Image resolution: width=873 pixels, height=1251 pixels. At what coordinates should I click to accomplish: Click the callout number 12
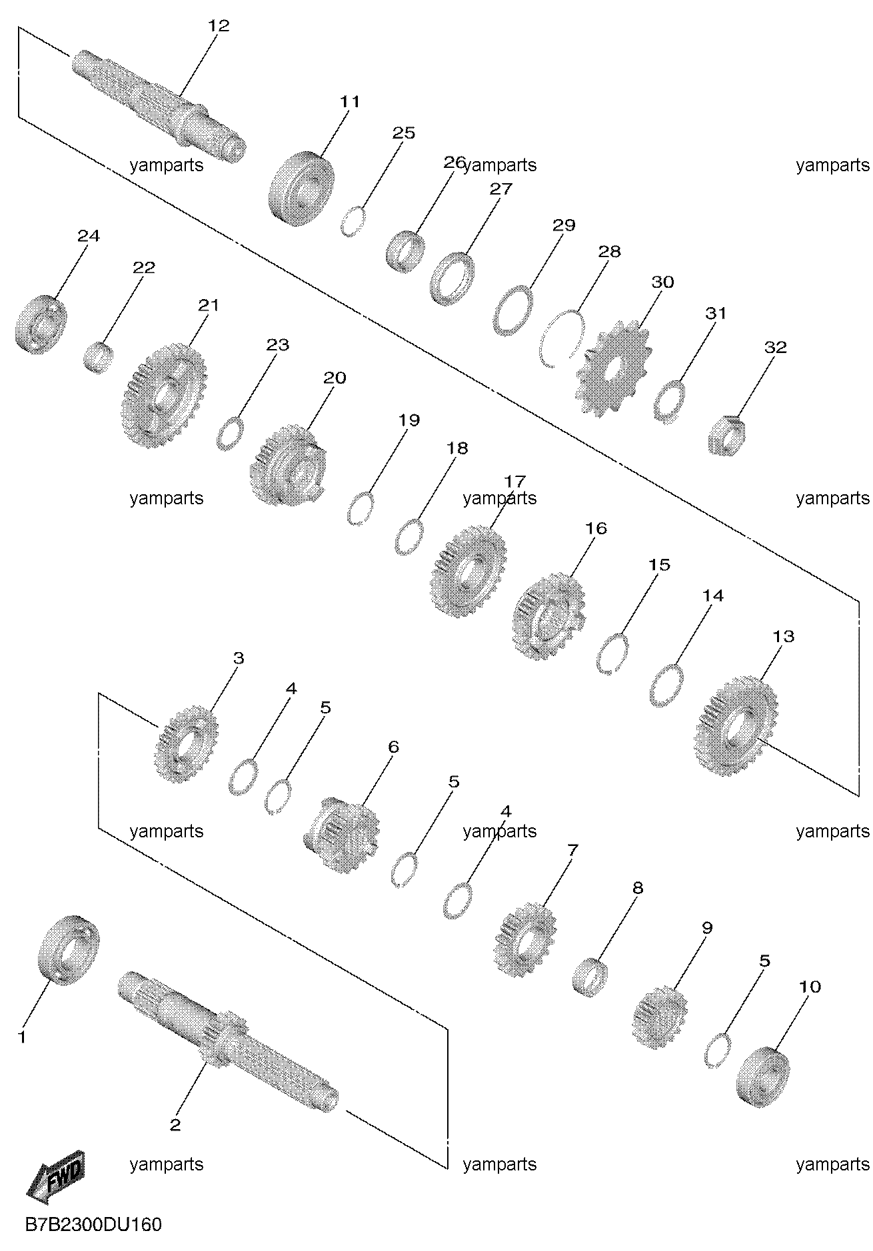click(219, 26)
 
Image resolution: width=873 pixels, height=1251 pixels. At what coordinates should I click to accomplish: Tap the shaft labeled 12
click(159, 107)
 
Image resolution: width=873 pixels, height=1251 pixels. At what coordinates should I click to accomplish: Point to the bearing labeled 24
click(41, 322)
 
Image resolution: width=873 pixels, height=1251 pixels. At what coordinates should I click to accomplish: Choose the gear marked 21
click(164, 395)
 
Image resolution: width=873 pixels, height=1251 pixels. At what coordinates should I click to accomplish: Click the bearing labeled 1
click(70, 951)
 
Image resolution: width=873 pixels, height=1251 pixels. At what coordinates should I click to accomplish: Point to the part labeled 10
click(767, 1077)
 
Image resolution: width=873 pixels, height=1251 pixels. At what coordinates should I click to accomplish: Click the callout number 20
click(335, 378)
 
